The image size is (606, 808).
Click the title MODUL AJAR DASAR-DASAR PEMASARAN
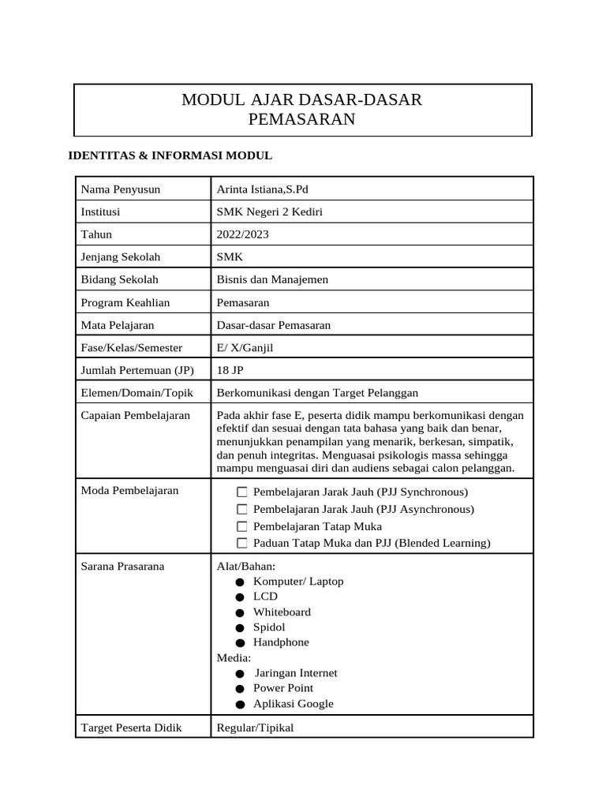click(302, 110)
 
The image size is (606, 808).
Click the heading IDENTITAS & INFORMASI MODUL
click(170, 155)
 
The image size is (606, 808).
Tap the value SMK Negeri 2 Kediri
click(269, 211)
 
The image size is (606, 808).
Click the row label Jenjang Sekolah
click(121, 256)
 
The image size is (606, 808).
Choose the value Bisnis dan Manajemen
click(272, 279)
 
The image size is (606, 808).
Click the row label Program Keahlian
click(125, 302)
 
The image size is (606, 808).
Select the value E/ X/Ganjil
click(245, 347)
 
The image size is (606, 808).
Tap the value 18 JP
click(229, 370)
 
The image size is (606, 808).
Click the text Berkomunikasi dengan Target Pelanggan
click(317, 393)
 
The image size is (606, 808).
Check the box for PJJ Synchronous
click(242, 492)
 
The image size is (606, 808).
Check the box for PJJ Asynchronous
click(242, 510)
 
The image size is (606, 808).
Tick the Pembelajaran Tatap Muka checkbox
click(242, 526)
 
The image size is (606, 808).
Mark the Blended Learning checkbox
click(242, 544)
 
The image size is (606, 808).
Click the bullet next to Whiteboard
click(239, 612)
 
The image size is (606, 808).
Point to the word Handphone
click(281, 642)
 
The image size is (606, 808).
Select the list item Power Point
click(282, 688)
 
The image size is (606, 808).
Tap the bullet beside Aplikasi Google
click(239, 704)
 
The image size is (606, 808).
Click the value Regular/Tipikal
click(255, 728)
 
